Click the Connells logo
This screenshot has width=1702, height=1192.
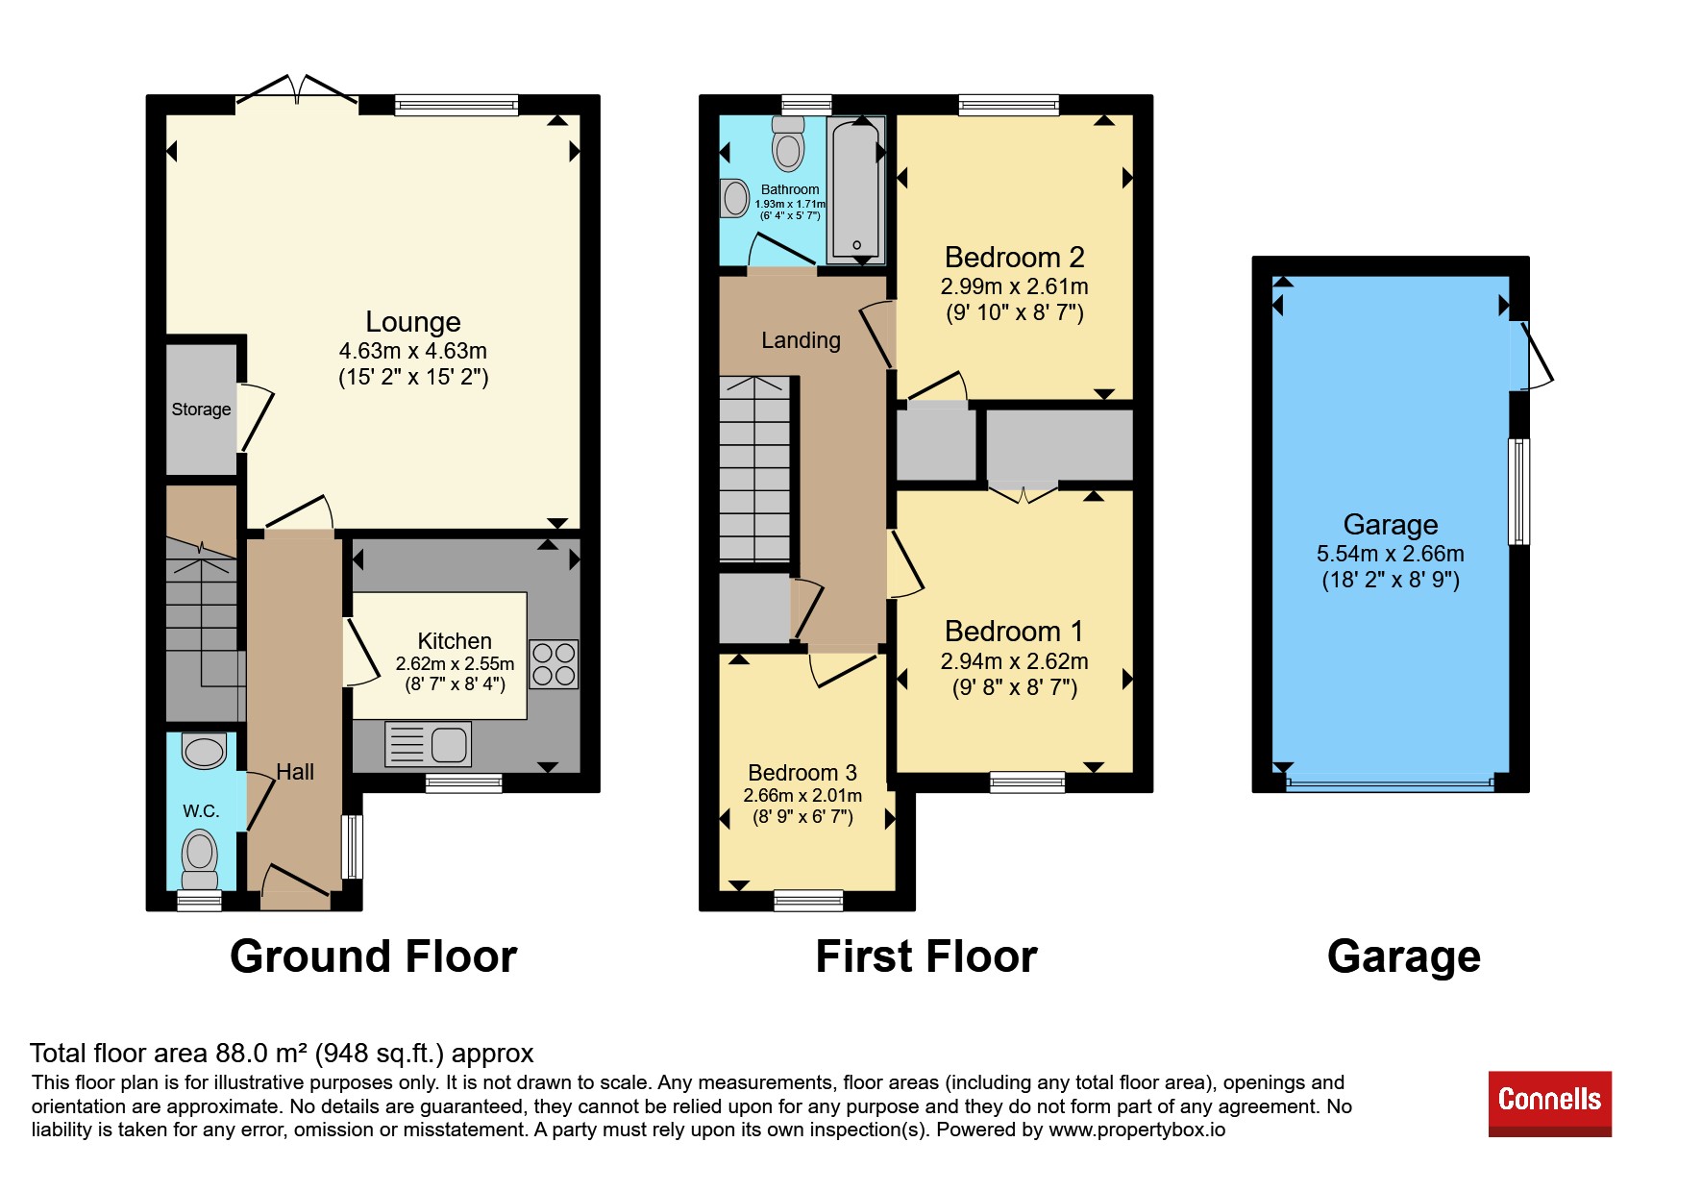coord(1549,1104)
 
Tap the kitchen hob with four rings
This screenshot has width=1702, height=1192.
coord(554,664)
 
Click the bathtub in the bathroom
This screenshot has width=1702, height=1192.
coord(856,189)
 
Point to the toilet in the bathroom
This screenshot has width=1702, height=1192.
coord(788,143)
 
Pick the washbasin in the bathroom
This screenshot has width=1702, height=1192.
coord(735,199)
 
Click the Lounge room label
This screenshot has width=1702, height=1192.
coord(413,322)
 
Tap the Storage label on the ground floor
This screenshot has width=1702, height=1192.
coord(201,409)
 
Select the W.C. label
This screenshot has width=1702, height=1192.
coord(201,810)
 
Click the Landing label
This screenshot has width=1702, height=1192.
coord(801,340)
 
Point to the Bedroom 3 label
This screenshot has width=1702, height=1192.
coord(802,773)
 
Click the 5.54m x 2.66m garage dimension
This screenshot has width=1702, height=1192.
coord(1391,554)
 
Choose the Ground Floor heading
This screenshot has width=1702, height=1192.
coord(374,957)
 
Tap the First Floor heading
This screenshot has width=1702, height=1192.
coord(926,957)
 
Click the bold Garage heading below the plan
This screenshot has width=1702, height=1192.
coord(1404,957)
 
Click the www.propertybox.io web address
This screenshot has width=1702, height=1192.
coord(1137,1130)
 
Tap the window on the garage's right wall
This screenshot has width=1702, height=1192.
coord(1519,492)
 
